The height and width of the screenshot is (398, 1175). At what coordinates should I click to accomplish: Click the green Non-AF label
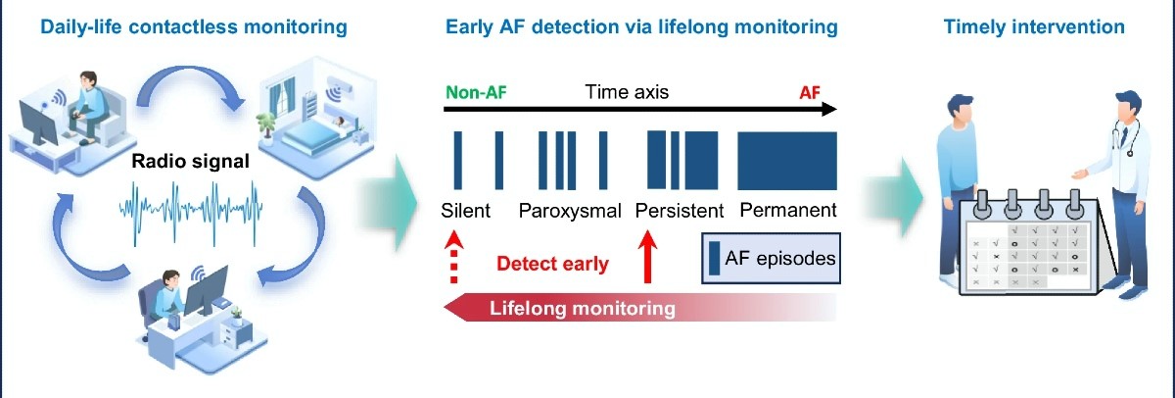(x=476, y=92)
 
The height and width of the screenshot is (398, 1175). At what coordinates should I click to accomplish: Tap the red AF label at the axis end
(x=810, y=93)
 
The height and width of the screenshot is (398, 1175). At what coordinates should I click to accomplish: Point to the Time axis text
(x=627, y=92)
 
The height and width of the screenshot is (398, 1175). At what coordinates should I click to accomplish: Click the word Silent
(x=465, y=211)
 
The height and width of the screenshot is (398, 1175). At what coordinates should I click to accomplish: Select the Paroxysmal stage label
(x=570, y=211)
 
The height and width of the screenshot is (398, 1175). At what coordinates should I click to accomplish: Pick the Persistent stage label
(x=680, y=211)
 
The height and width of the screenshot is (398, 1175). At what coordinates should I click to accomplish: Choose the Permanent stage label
(x=788, y=210)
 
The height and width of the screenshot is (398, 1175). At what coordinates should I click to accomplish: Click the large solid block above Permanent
(x=787, y=161)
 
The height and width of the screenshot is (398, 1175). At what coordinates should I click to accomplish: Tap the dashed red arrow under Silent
(x=453, y=257)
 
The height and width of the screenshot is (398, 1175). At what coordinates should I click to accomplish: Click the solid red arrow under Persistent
(x=647, y=257)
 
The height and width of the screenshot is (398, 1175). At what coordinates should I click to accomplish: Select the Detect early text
(x=552, y=263)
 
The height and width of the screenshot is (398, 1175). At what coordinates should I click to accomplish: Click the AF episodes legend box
(x=772, y=259)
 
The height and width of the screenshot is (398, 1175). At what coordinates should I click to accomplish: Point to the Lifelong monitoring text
(x=583, y=308)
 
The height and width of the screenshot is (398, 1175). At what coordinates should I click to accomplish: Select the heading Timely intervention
(x=1034, y=26)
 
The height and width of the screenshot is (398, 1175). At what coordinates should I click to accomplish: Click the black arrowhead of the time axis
(x=828, y=109)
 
